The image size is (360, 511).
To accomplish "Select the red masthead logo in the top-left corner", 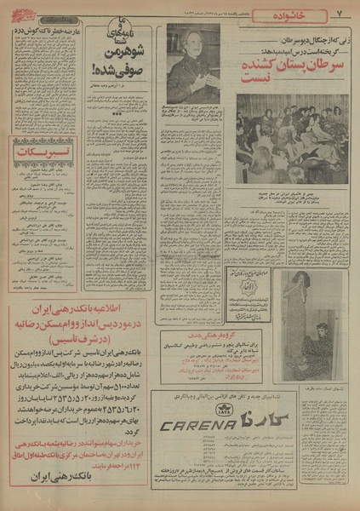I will [x=22, y=11].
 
